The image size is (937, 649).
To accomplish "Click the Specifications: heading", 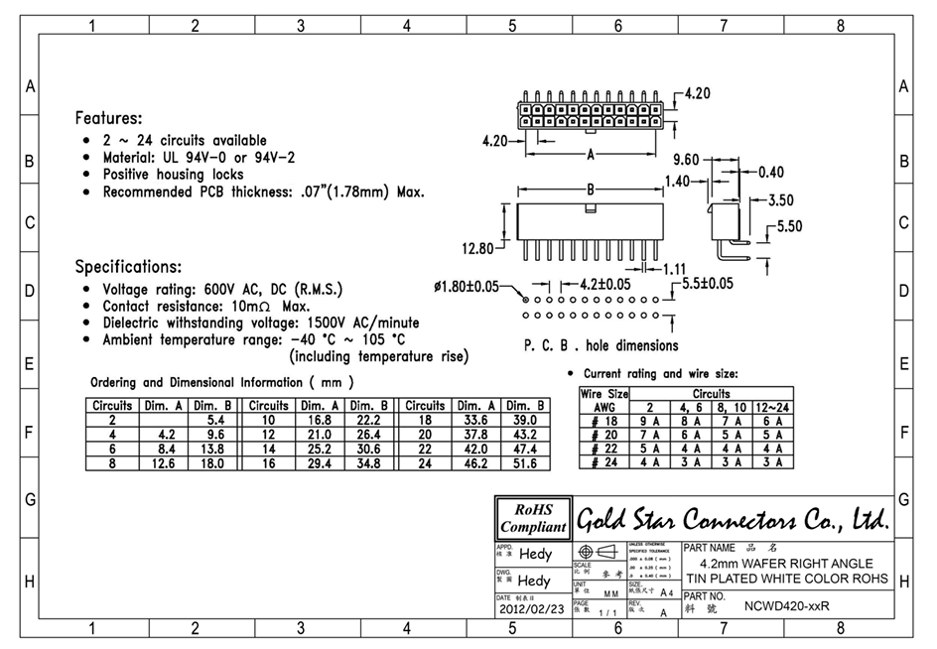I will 128,266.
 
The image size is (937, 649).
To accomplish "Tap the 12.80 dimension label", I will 476,248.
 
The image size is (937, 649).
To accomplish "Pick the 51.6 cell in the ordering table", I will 524,462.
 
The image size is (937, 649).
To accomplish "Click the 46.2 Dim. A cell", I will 475,462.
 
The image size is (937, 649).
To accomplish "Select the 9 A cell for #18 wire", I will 650,421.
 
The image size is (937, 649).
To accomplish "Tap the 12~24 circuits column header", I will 773,407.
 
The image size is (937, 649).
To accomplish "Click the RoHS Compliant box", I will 533,518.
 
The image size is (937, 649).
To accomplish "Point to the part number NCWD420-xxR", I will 786,605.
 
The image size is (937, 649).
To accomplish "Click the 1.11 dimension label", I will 674,268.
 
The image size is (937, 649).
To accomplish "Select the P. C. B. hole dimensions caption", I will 601,345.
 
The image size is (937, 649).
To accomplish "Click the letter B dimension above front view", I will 590,189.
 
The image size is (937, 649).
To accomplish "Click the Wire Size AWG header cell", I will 604,400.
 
